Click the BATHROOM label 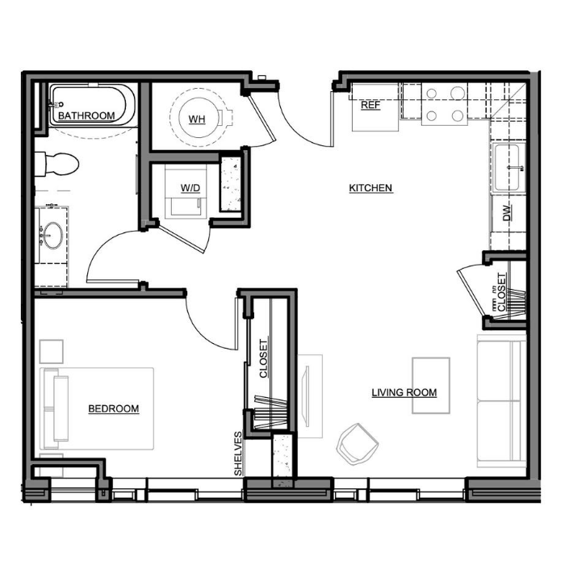point(86,115)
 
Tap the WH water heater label point(197,119)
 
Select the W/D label point(190,188)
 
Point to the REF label point(370,105)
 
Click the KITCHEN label point(370,188)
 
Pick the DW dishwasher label point(507,213)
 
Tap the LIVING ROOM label point(404,392)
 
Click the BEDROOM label point(114,408)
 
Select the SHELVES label point(238,454)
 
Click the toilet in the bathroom point(56,164)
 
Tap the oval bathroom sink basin point(53,236)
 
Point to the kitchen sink point(508,168)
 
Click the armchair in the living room point(357,444)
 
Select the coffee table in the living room point(431,386)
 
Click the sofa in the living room point(501,401)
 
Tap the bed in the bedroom point(97,408)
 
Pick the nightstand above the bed point(51,351)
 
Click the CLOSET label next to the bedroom point(264,358)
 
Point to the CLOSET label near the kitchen point(501,292)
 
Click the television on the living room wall point(307,396)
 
